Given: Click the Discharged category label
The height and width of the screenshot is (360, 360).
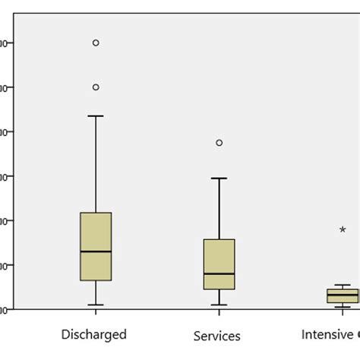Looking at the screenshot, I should [x=95, y=334].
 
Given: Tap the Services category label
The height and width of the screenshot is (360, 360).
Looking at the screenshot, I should [x=217, y=336].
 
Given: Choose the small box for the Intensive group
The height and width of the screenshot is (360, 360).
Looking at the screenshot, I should [x=342, y=295].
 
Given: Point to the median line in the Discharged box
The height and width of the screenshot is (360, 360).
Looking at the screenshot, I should [x=96, y=251].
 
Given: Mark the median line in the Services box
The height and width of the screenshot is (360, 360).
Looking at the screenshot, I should [x=219, y=273].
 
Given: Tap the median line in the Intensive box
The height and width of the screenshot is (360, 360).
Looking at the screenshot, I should [x=342, y=295].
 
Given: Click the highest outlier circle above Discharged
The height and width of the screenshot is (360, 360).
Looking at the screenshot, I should [x=96, y=43].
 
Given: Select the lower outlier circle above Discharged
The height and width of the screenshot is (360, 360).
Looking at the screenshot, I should [x=96, y=87].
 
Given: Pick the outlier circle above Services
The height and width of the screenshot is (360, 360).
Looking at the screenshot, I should [x=219, y=143].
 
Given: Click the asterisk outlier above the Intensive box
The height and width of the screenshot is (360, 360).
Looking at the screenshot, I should [x=343, y=229].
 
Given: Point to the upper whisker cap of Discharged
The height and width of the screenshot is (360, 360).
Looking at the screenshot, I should [x=96, y=116].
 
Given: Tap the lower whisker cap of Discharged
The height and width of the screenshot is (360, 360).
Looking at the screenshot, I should [x=96, y=305].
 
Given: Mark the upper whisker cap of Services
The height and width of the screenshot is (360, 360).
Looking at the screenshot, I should [x=219, y=178].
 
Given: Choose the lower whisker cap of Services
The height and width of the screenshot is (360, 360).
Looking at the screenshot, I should [x=219, y=305].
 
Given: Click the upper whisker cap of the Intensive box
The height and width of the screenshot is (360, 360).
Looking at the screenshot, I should [x=342, y=285].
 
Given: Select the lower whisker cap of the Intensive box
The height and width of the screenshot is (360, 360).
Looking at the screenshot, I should [x=342, y=307].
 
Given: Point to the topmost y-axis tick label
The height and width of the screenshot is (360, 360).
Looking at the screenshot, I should [x=5, y=43].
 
